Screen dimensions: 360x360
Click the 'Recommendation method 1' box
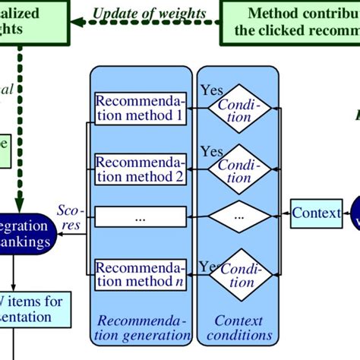tap(138, 109)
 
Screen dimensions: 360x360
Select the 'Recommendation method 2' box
tap(138, 170)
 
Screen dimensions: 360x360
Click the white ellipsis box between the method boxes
tap(138, 216)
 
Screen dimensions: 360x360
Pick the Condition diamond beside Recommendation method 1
tap(239, 109)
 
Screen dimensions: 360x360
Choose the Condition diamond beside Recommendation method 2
tap(239, 170)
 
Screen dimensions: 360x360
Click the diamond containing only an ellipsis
tap(239, 216)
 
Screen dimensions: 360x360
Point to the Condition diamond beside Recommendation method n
tap(239, 276)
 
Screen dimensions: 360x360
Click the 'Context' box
tap(316, 213)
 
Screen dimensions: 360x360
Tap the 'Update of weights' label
tap(149, 13)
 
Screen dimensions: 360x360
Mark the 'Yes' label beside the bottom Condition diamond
tap(209, 266)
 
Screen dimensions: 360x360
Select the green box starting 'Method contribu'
tap(292, 21)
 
